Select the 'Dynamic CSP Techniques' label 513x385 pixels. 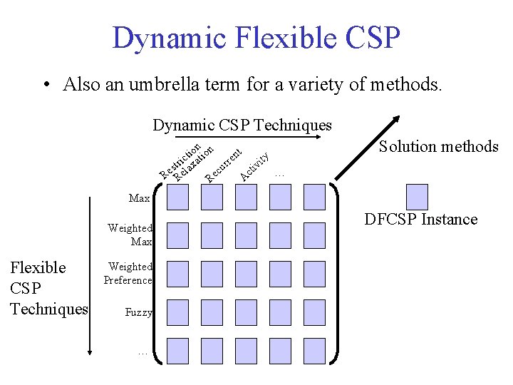pos(242,125)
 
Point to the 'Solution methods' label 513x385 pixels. pos(438,147)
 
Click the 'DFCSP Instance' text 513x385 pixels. pos(420,219)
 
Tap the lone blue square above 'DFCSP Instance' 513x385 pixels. pos(417,196)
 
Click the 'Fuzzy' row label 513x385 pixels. pos(138,312)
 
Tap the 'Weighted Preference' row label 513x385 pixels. pos(128,273)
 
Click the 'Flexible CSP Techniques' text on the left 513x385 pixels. pos(48,288)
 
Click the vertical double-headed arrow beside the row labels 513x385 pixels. pos(90,274)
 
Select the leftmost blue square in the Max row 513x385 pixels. pos(178,196)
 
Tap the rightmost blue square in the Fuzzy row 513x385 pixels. pos(314,312)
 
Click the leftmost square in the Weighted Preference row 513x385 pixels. pos(178,273)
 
